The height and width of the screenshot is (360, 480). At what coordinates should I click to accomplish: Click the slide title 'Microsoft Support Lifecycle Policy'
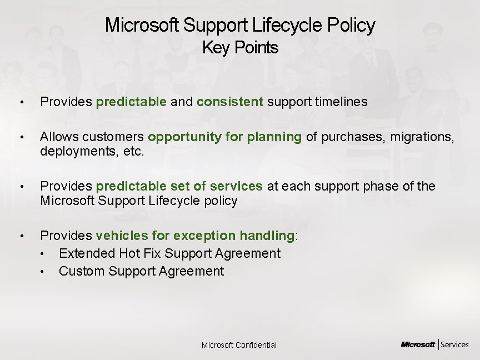[x=240, y=25]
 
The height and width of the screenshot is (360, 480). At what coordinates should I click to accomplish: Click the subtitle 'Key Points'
[x=240, y=48]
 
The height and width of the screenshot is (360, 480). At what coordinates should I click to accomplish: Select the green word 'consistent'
[x=230, y=102]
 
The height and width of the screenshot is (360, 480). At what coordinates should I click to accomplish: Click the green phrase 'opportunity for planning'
[x=224, y=137]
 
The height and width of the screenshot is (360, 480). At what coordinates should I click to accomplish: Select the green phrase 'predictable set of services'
[x=179, y=186]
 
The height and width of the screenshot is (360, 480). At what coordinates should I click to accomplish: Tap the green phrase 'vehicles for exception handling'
[x=195, y=236]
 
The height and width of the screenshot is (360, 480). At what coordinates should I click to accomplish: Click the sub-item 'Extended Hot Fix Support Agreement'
[x=169, y=253]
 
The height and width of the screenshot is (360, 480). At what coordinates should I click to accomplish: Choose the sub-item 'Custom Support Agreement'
[x=141, y=271]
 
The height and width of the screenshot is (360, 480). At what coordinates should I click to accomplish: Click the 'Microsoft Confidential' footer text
[x=239, y=345]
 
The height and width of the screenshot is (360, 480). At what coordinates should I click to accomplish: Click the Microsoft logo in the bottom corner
[x=418, y=344]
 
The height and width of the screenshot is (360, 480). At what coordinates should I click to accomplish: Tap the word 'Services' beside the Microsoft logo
[x=455, y=344]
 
